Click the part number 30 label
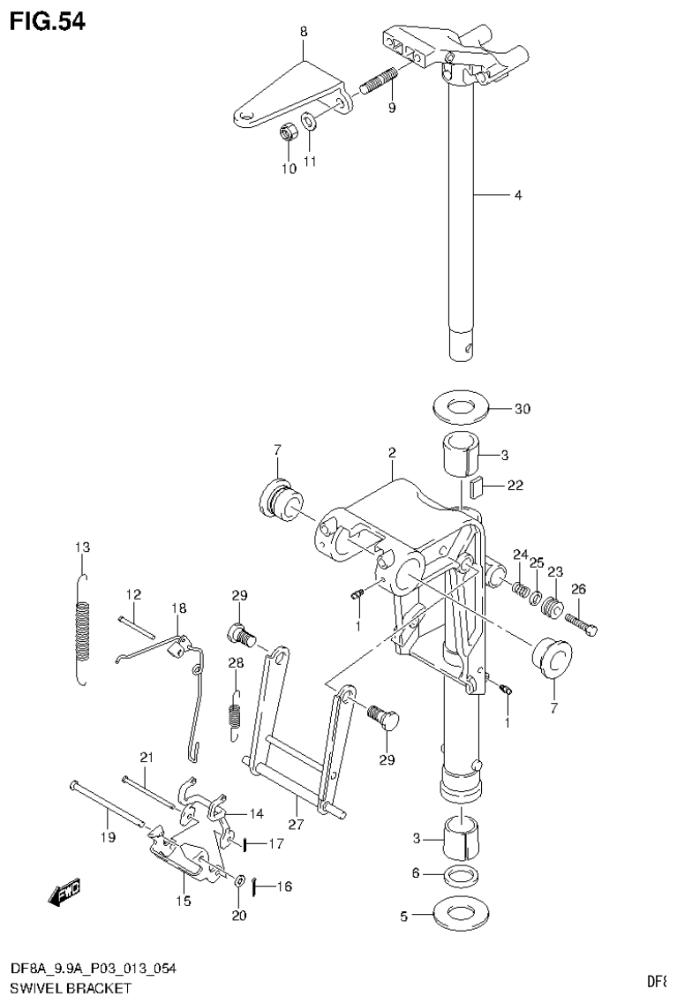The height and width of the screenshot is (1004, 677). click(x=523, y=409)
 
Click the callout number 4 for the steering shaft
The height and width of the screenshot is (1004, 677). click(x=518, y=195)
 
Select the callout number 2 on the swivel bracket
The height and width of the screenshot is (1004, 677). click(x=391, y=453)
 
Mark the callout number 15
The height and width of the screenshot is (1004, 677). click(x=182, y=900)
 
